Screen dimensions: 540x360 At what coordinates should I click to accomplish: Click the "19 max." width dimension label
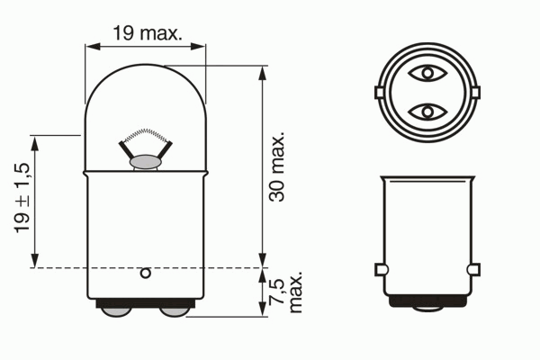[147, 33]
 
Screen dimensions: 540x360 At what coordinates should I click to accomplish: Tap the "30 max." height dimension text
[277, 166]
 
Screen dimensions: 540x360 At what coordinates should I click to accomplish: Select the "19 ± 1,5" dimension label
[22, 198]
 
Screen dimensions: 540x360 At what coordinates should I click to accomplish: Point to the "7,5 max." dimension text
[285, 292]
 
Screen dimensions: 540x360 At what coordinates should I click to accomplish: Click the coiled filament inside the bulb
[146, 134]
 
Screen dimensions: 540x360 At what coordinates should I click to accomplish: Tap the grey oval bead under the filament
[145, 162]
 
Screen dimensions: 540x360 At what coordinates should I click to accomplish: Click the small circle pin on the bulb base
[145, 274]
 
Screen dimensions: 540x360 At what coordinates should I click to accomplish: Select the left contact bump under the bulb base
[116, 311]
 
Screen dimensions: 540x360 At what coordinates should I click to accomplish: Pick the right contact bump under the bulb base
[175, 311]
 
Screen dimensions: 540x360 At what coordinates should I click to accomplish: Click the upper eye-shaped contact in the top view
[427, 73]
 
